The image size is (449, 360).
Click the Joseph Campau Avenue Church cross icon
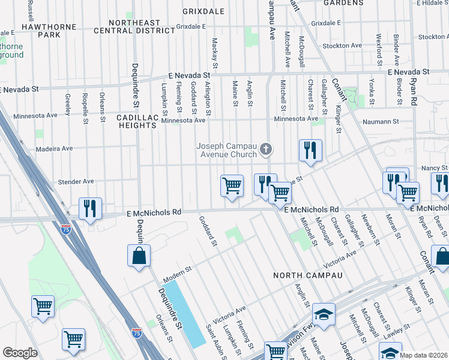267,148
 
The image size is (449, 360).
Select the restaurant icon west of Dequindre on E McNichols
90,209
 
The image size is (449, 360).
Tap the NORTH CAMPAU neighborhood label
307,275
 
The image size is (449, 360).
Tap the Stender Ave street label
76,181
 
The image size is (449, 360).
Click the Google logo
20,353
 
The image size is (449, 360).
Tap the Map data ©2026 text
423,355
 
